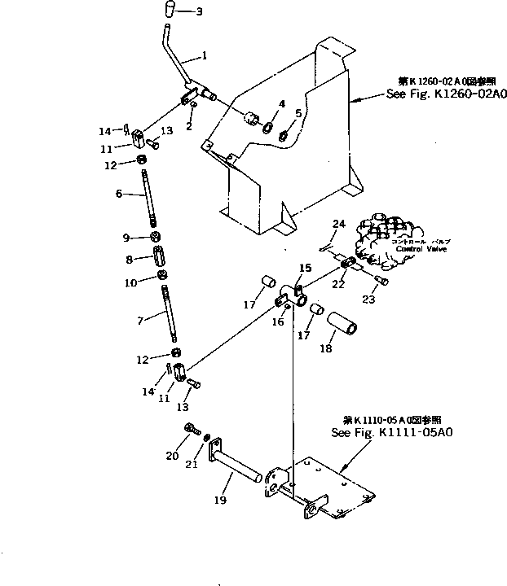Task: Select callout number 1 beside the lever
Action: (205, 57)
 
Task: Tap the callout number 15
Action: (304, 267)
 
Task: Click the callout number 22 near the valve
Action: (337, 283)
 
